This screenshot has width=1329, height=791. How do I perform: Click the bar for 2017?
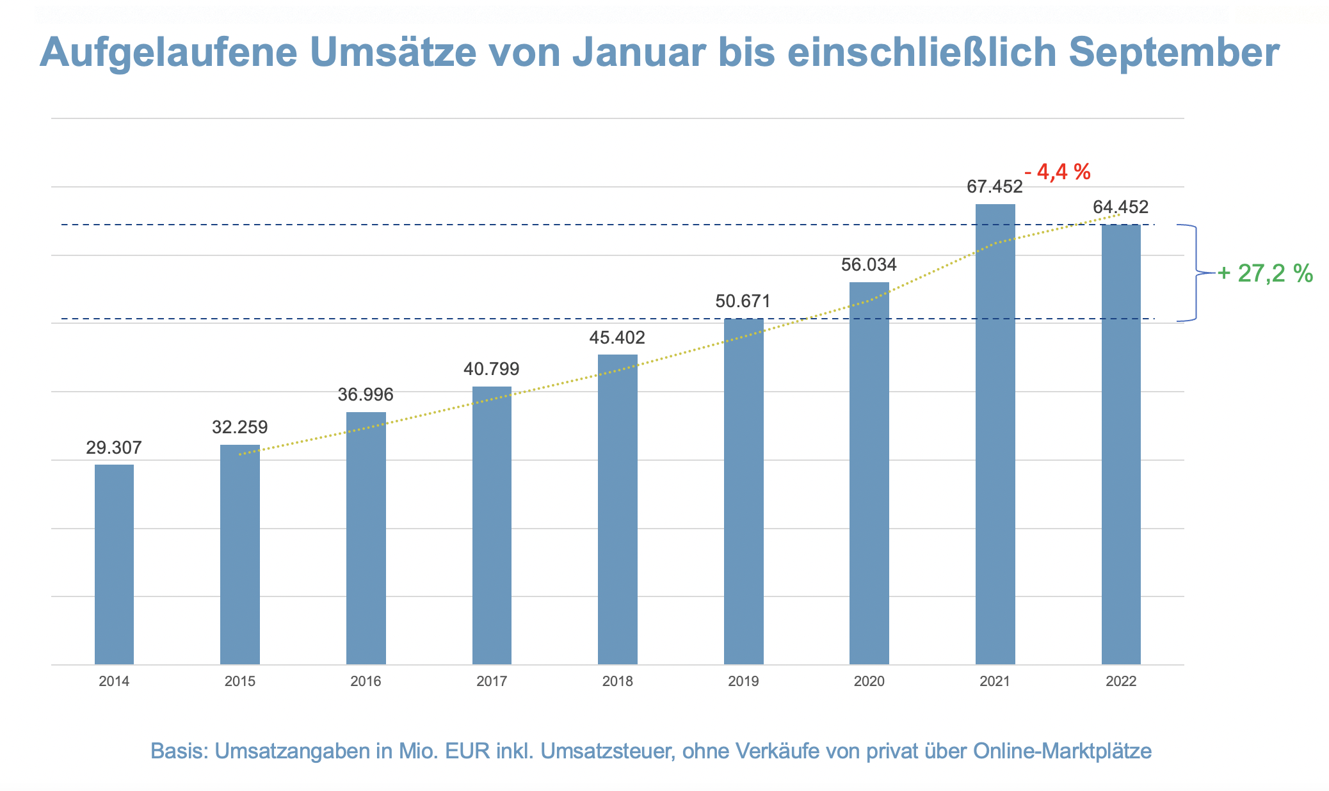pyautogui.click(x=492, y=525)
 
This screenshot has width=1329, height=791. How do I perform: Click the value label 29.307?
pyautogui.click(x=114, y=448)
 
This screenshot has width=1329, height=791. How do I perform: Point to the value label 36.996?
pyautogui.click(x=366, y=395)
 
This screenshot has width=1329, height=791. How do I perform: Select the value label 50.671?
pyautogui.click(x=743, y=301)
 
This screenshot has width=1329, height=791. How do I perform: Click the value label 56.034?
pyautogui.click(x=869, y=265)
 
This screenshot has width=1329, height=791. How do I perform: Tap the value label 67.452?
pyautogui.click(x=994, y=187)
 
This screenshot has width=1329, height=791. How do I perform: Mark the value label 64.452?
pyautogui.click(x=1120, y=207)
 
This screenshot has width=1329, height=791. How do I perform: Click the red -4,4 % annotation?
pyautogui.click(x=1058, y=172)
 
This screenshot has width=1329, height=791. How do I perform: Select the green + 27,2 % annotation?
pyautogui.click(x=1265, y=274)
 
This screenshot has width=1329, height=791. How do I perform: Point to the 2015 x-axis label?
pyautogui.click(x=240, y=682)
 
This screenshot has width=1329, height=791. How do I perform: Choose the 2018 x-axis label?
pyautogui.click(x=617, y=682)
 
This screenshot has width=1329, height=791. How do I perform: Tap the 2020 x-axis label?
pyautogui.click(x=869, y=682)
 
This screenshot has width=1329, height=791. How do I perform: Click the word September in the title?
pyautogui.click(x=1174, y=52)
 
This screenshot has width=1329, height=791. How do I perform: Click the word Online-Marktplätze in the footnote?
pyautogui.click(x=1062, y=751)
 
